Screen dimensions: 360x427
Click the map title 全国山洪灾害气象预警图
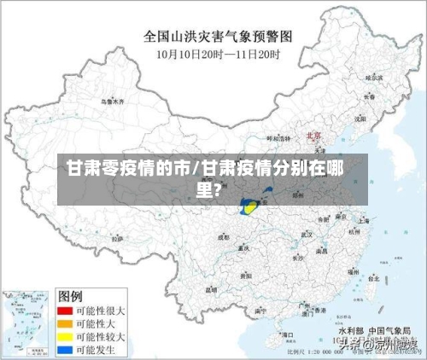pyautogui.click(x=219, y=37)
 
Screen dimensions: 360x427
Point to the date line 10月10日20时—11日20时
pyautogui.click(x=219, y=55)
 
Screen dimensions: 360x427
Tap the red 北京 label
pyautogui.click(x=313, y=135)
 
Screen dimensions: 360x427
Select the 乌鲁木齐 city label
pyautogui.click(x=112, y=102)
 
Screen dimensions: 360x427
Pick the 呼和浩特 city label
pyautogui.click(x=278, y=137)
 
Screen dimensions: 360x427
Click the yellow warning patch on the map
pyautogui.click(x=252, y=207)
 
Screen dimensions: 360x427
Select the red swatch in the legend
pyautogui.click(x=65, y=311)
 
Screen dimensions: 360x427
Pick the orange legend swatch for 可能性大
pyautogui.click(x=65, y=325)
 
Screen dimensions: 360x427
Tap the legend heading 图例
pyautogui.click(x=70, y=295)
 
